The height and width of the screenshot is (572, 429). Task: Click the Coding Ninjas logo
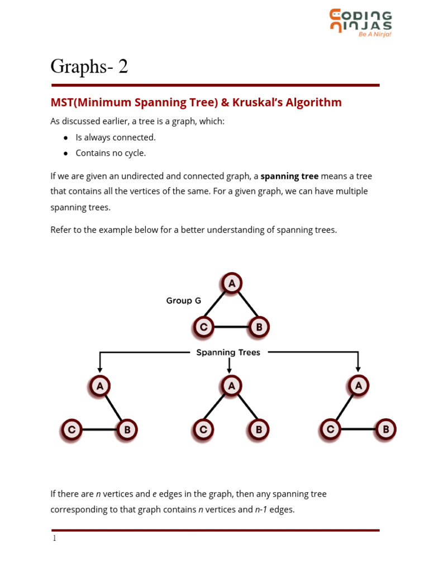coord(360,22)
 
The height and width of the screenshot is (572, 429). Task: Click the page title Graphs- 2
coord(89,66)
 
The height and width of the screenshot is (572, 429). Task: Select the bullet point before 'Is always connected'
coord(66,137)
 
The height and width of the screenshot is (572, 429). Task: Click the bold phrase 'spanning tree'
coord(289,176)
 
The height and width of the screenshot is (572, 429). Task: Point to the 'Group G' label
coord(183,301)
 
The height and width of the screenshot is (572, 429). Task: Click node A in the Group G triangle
coord(231,283)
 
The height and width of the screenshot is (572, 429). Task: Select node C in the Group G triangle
coord(203,327)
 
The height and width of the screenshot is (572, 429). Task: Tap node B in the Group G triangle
coord(259,327)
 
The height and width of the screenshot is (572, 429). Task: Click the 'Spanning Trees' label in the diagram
coord(228,352)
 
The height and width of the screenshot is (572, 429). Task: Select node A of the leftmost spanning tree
coord(100,385)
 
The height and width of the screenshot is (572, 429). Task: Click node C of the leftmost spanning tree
coord(72,430)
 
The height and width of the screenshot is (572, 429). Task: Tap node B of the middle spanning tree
coord(259,430)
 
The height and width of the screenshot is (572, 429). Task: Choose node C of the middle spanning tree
coord(203,430)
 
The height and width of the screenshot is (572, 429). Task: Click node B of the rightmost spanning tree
coord(385,430)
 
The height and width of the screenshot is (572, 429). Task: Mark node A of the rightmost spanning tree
coord(358,385)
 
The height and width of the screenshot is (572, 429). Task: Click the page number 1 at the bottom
coord(54,538)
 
